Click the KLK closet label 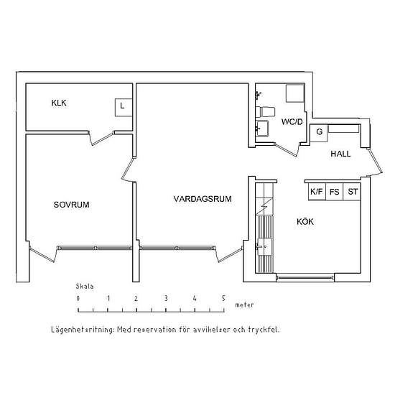[x=59, y=103]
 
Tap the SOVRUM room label [x=72, y=205]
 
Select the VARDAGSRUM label [x=203, y=199]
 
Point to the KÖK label [x=305, y=221]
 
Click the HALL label [x=340, y=154]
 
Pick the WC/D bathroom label [x=292, y=122]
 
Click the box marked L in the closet [x=124, y=107]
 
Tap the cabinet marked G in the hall [x=319, y=133]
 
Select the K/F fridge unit [x=317, y=192]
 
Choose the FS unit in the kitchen [x=335, y=192]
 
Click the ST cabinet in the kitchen [x=352, y=192]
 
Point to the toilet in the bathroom [x=265, y=111]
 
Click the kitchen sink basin [x=264, y=247]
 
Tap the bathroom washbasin [x=262, y=129]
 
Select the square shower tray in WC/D [x=295, y=93]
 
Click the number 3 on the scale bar [x=166, y=299]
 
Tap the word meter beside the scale [x=244, y=305]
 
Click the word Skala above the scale [x=85, y=287]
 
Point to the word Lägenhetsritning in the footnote [x=83, y=330]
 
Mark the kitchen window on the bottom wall [x=305, y=278]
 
